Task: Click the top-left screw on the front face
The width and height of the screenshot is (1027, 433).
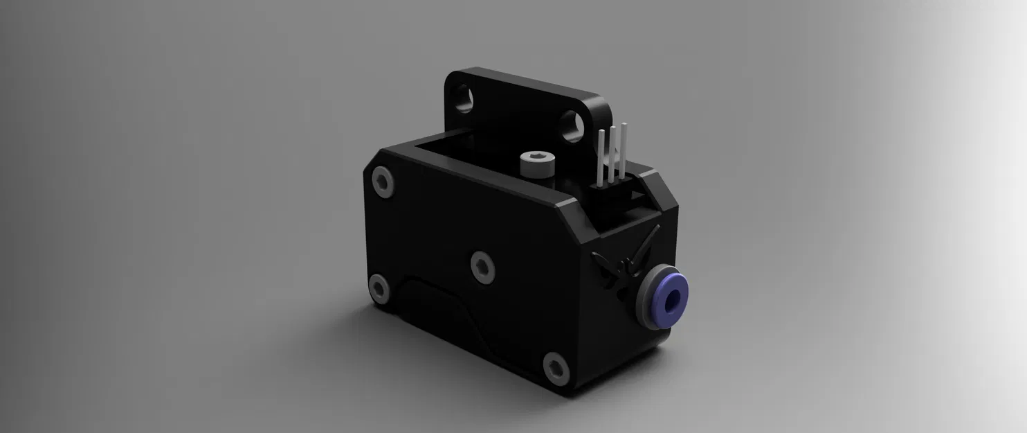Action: (x=383, y=182)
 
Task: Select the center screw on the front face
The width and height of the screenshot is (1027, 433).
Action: (x=483, y=266)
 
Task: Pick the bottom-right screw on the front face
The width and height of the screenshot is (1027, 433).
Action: (x=556, y=368)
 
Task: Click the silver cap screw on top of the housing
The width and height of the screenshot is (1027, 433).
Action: (x=534, y=165)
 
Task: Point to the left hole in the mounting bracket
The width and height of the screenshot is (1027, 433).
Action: (x=462, y=97)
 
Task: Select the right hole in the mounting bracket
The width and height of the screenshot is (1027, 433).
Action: (x=572, y=125)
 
